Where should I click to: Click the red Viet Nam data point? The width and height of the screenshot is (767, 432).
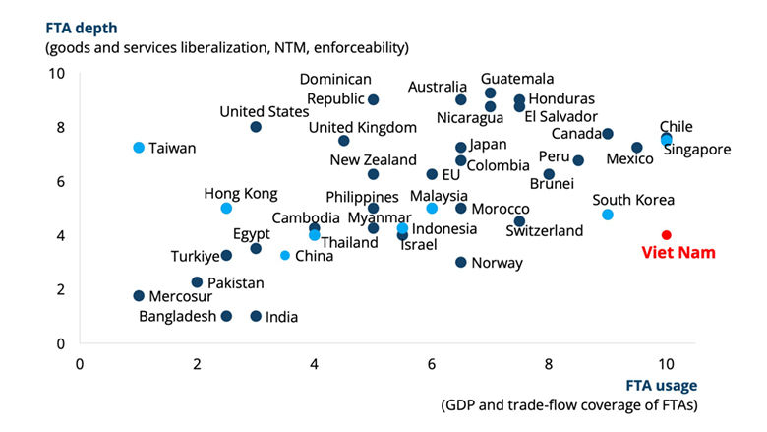[667, 235]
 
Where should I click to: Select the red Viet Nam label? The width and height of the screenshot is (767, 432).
[678, 253]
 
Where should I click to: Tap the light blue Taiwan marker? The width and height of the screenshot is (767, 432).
[139, 148]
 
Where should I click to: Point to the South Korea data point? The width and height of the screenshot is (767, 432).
[608, 215]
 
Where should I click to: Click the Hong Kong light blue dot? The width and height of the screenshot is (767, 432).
[226, 209]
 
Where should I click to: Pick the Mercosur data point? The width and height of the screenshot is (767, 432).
[139, 296]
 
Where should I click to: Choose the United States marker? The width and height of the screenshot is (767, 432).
[256, 127]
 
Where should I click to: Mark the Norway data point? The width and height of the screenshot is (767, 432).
[461, 263]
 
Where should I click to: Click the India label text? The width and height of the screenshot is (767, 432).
[281, 317]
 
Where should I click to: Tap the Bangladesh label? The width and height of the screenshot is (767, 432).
[178, 317]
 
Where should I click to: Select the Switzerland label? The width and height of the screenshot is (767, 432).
[544, 231]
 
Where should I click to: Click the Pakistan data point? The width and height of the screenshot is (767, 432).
[197, 282]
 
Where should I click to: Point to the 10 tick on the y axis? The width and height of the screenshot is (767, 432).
[57, 74]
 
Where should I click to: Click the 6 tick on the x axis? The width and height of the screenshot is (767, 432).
[432, 362]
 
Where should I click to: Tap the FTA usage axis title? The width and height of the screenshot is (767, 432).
[659, 387]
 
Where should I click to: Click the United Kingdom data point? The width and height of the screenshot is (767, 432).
[343, 141]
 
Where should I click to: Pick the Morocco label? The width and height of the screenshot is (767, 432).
[501, 209]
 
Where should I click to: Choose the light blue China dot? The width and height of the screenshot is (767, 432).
[285, 256]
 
